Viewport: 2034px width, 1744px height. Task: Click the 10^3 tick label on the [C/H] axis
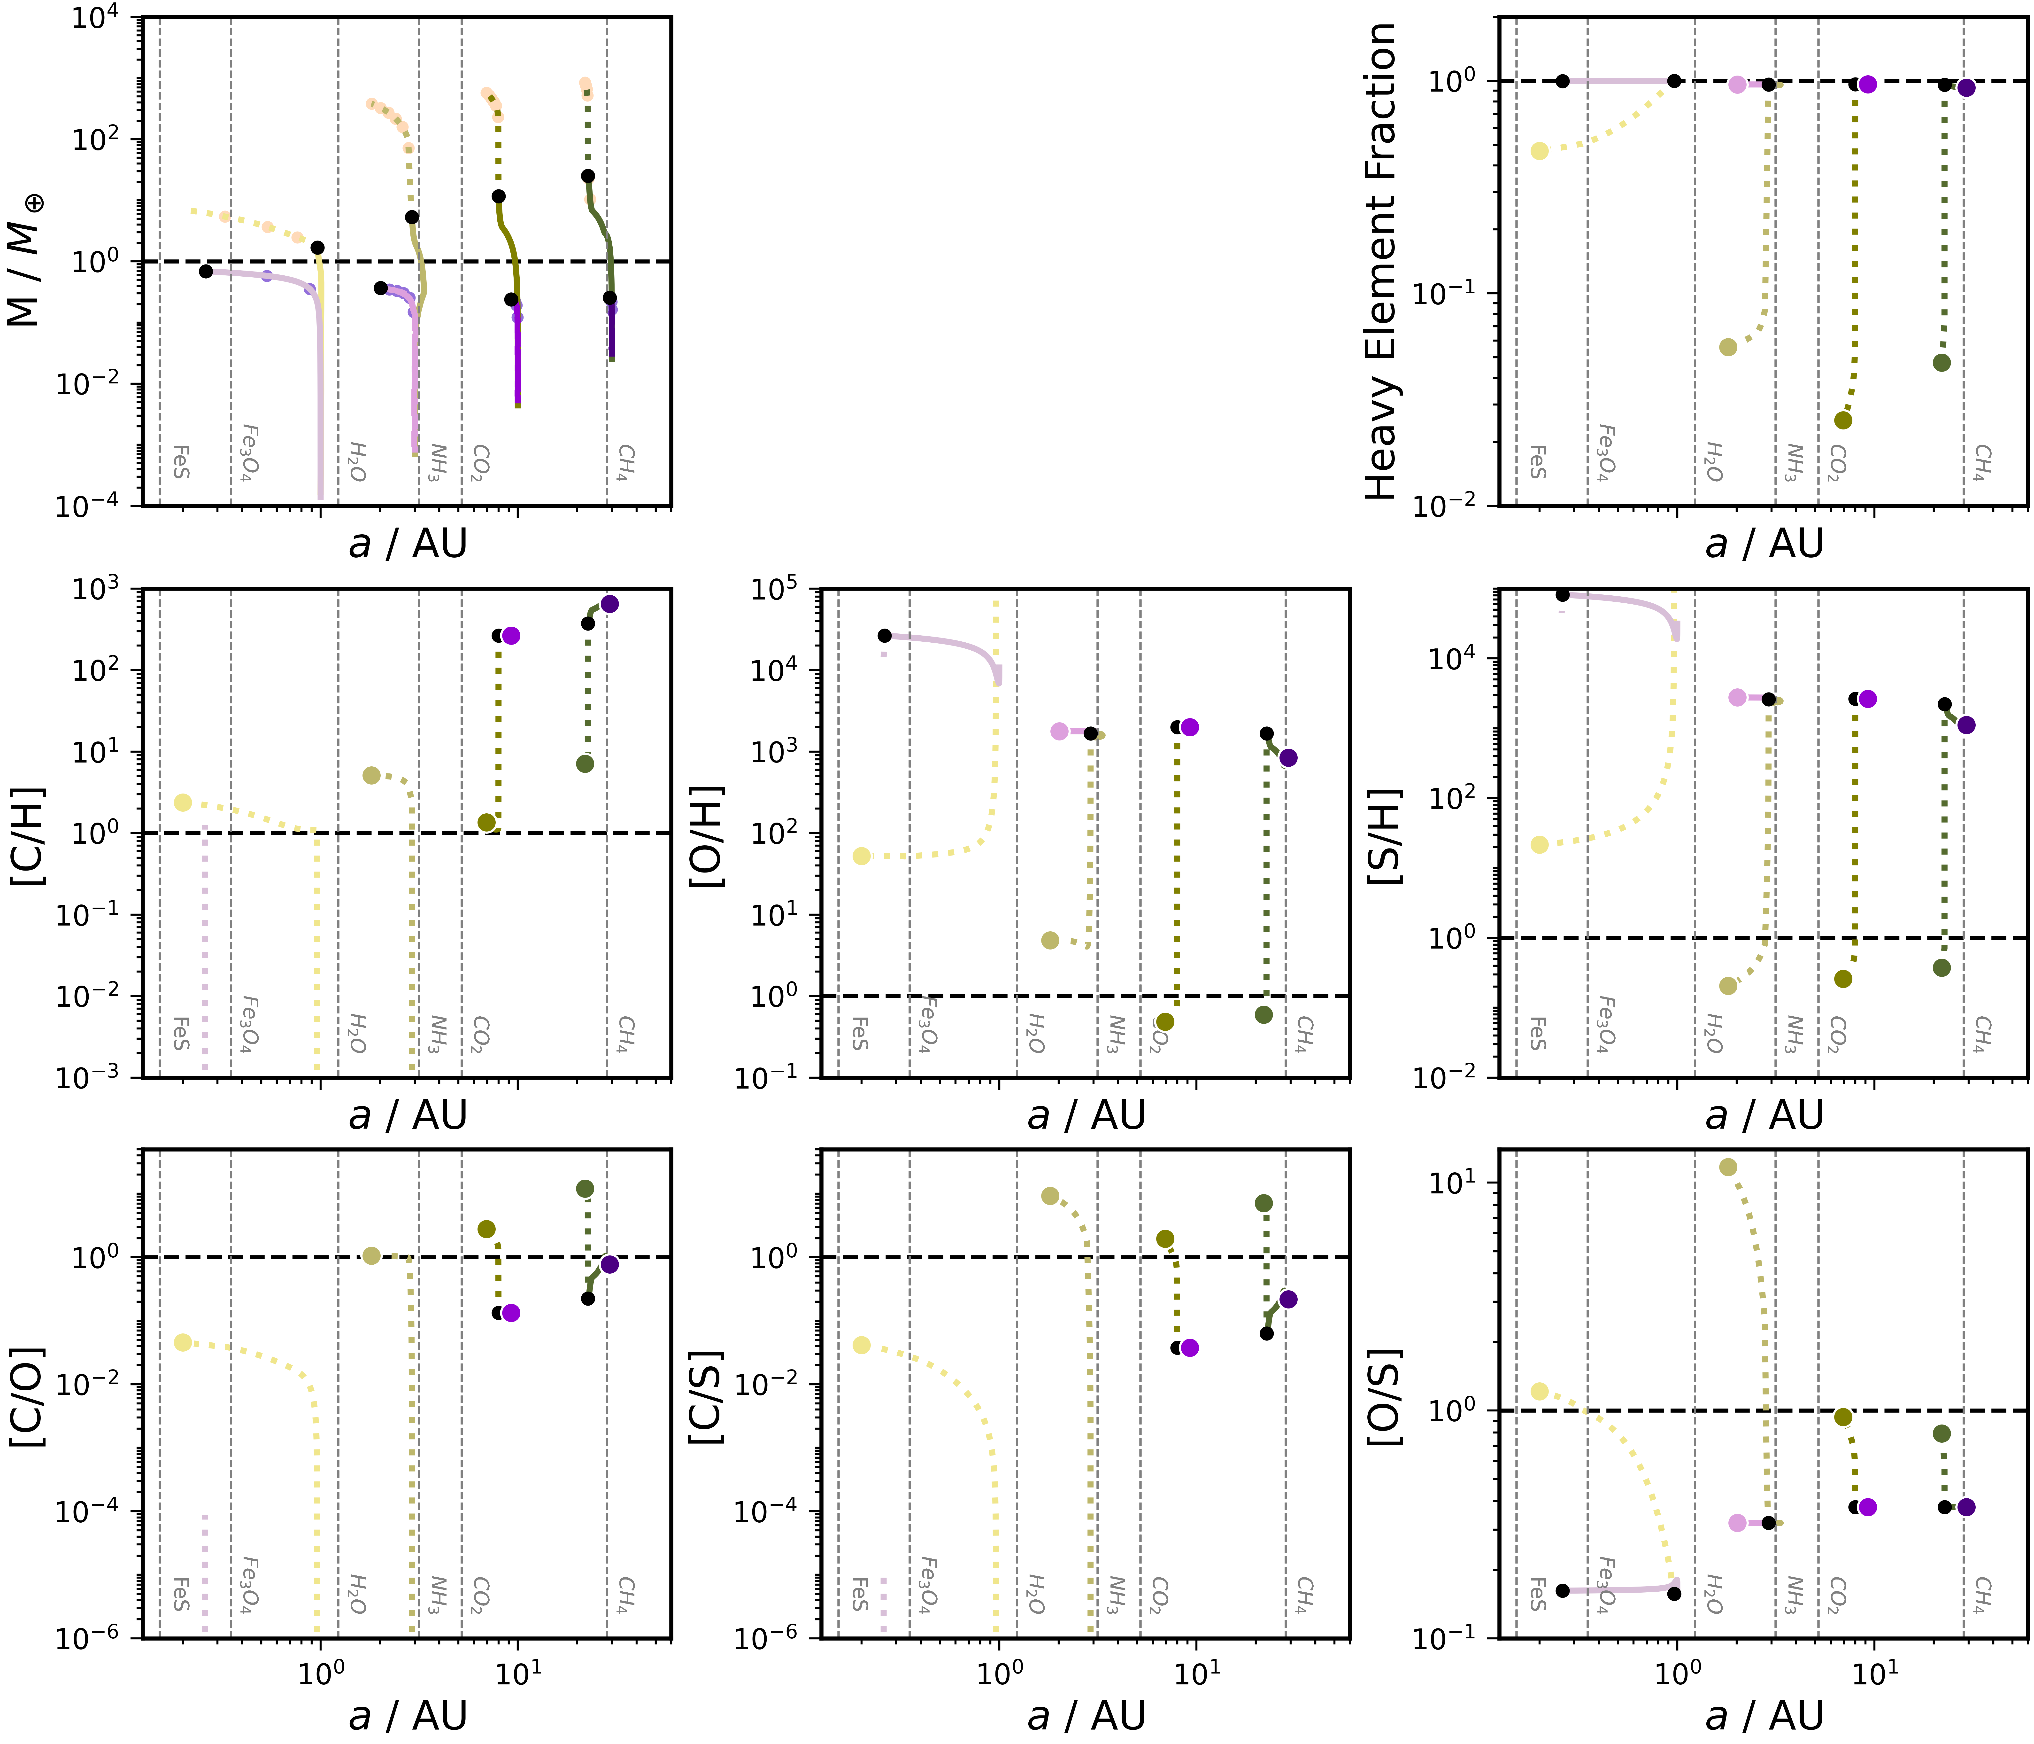[x=96, y=589]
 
